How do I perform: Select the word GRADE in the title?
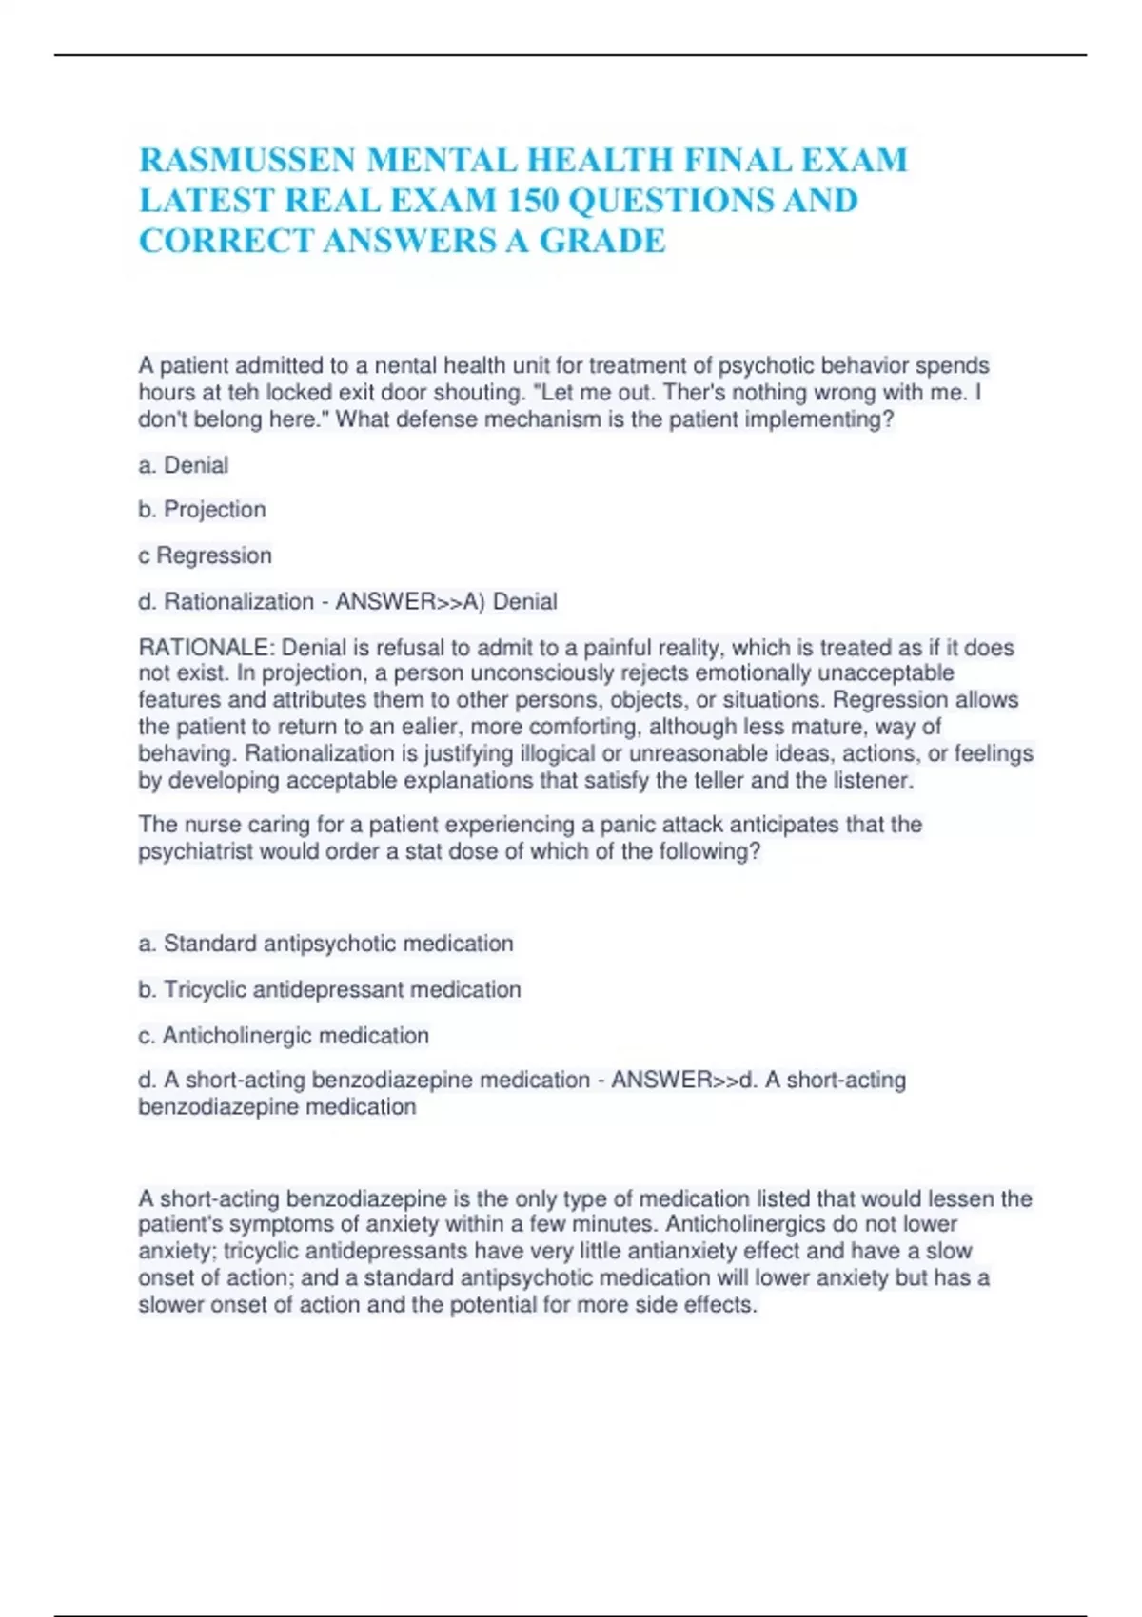point(602,242)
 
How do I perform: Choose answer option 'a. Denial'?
point(184,465)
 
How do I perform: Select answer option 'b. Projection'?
point(202,510)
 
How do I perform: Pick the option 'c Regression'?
point(205,555)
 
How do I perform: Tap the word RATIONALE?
point(207,648)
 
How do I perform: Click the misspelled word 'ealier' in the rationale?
point(428,727)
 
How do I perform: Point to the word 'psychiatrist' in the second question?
point(196,851)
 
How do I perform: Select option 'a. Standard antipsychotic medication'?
point(325,944)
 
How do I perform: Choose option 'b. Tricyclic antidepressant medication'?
point(329,989)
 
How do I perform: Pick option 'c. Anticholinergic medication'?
point(284,1035)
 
